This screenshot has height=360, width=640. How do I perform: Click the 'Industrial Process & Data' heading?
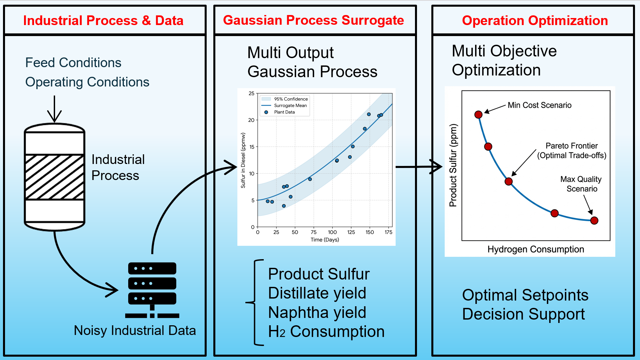[x=103, y=20]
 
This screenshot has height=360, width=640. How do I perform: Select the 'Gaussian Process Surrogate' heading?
[x=313, y=20]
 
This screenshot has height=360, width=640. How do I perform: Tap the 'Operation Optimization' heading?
[x=535, y=20]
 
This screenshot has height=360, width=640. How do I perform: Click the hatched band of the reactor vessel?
[x=54, y=177]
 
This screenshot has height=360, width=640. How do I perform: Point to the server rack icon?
[x=152, y=290]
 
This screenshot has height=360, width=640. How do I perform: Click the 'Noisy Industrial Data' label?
[x=135, y=330]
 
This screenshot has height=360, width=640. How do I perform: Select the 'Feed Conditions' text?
[x=73, y=62]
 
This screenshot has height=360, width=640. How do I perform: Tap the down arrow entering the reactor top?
[x=54, y=109]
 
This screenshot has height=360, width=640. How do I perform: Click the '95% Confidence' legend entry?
[x=285, y=99]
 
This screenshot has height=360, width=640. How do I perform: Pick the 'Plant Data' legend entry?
[x=279, y=112]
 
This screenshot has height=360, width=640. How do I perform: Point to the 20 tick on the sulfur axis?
[x=251, y=120]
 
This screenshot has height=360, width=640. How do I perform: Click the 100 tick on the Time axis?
[x=332, y=232]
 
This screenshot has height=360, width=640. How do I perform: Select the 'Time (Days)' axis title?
[x=325, y=239]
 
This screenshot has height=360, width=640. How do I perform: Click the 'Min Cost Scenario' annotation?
[x=540, y=105]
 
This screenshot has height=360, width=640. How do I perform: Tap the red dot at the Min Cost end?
[x=478, y=115]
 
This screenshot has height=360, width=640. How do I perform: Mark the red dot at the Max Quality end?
[x=594, y=220]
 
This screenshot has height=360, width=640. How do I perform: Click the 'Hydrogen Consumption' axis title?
[x=536, y=249]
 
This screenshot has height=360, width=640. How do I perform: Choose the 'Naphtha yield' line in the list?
[x=317, y=312]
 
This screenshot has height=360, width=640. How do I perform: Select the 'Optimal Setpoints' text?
[x=525, y=295]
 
